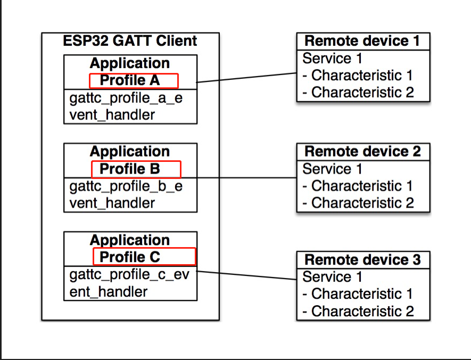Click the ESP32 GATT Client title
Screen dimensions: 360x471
(x=130, y=41)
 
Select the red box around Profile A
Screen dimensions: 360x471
(x=133, y=81)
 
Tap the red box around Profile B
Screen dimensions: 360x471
(x=136, y=169)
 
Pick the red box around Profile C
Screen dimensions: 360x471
(x=144, y=257)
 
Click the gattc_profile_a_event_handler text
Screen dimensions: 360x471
(x=126, y=107)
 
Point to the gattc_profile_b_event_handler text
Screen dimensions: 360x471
(x=126, y=195)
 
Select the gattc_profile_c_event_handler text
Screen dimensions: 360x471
(x=129, y=283)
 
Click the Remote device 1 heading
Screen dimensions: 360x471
(x=362, y=41)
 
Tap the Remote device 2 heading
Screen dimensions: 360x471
(x=362, y=151)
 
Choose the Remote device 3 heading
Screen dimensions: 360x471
(x=362, y=260)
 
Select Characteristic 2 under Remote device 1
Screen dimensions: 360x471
(x=358, y=92)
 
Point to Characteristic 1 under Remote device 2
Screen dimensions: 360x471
(x=358, y=186)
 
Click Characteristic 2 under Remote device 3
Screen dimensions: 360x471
(x=358, y=311)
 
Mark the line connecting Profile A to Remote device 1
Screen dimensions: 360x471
(x=246, y=78)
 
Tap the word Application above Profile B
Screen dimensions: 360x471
(x=130, y=152)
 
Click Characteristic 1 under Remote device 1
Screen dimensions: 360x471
(x=358, y=76)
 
